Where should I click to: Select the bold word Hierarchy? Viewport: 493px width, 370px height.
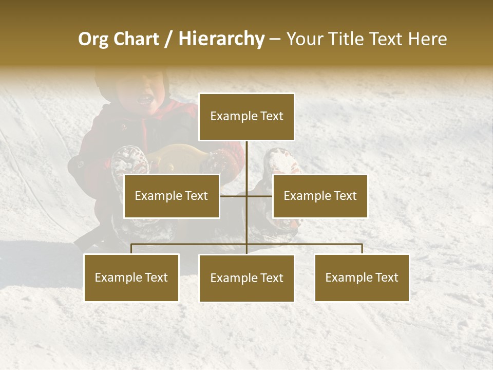point(221,39)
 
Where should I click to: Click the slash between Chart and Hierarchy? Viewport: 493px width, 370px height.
point(168,39)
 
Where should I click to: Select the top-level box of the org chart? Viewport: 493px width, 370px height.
point(246,117)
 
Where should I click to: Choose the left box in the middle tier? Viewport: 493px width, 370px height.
point(172,196)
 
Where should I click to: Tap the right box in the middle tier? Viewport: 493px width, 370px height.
point(320,196)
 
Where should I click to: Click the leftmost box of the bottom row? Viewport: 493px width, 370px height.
point(131,277)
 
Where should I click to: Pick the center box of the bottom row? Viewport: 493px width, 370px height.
point(246,278)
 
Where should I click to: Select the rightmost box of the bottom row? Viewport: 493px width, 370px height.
point(362,277)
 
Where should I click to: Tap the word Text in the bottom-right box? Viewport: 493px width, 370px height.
point(387,277)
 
